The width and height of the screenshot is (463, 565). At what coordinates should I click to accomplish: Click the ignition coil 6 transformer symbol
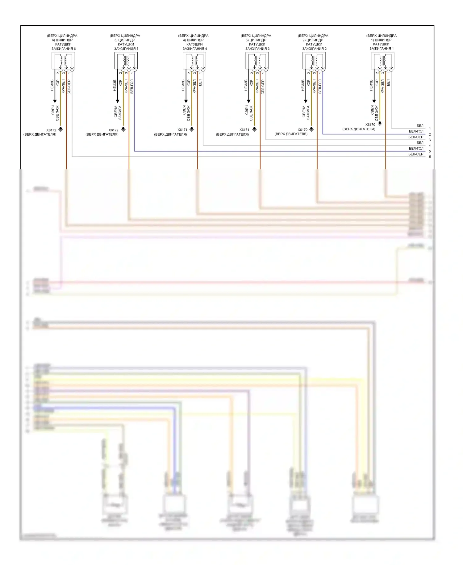tap(63, 61)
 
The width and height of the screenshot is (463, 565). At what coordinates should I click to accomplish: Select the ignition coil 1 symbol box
tap(382, 61)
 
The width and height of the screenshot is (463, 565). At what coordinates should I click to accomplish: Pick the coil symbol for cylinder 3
tap(257, 61)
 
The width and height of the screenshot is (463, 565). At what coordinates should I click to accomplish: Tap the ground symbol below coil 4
tap(192, 129)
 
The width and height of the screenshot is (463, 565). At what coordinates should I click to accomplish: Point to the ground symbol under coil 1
tap(380, 124)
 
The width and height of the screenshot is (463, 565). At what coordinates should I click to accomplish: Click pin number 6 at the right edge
tap(430, 157)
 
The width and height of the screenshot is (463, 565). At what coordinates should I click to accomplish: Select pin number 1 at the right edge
tap(430, 128)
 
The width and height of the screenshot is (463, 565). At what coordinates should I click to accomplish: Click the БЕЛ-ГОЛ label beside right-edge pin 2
tap(416, 131)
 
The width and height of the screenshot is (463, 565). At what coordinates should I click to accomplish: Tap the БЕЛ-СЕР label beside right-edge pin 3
tap(416, 137)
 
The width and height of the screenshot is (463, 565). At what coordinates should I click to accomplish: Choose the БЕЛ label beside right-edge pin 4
tap(420, 143)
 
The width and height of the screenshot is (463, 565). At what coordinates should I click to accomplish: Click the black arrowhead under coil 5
tap(117, 101)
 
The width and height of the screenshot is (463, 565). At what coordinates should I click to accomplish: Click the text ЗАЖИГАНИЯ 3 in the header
tap(257, 49)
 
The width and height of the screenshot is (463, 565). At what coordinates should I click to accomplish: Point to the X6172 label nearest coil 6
tap(51, 130)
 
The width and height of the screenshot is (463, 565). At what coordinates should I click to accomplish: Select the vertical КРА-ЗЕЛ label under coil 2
tap(314, 86)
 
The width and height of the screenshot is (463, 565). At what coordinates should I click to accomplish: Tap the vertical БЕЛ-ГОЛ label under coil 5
tap(132, 86)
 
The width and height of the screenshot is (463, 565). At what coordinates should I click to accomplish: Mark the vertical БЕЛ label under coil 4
tap(200, 83)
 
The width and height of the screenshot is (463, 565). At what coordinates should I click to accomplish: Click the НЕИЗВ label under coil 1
tap(371, 85)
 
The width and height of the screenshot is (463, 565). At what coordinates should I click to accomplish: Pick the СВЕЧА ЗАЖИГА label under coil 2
tap(306, 113)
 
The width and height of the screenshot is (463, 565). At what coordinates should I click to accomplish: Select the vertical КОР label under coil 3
tap(251, 83)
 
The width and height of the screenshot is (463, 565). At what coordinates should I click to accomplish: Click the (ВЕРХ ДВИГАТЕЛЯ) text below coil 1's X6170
tap(359, 129)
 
